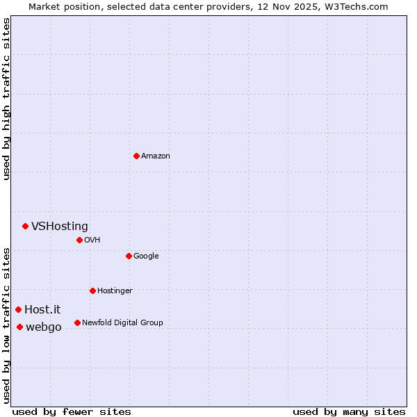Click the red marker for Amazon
(136, 156)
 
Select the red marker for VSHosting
(25, 226)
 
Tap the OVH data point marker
(79, 240)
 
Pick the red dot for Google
(129, 256)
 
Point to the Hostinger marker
(92, 291)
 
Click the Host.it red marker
(18, 309)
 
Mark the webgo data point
(19, 327)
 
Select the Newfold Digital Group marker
(77, 322)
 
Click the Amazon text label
(156, 156)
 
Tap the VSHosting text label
(60, 226)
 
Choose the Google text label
(146, 256)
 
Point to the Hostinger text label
(115, 291)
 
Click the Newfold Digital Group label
(122, 322)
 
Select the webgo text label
(44, 327)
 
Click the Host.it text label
(42, 309)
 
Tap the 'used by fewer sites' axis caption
(72, 411)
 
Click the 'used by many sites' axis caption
(349, 411)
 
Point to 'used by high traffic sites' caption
(6, 99)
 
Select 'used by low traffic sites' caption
(6, 325)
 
